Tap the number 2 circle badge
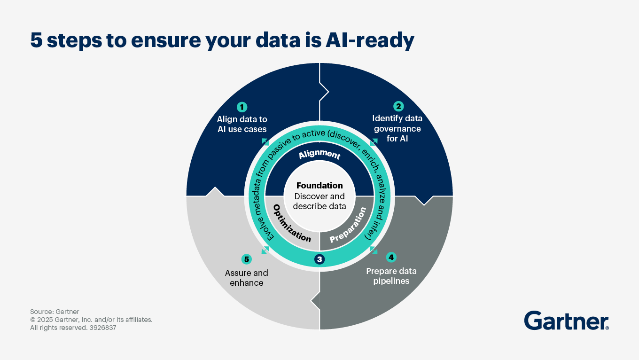click(398, 107)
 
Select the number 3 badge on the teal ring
click(319, 259)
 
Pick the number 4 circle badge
click(391, 258)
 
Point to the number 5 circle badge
click(247, 259)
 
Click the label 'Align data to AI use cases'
click(242, 124)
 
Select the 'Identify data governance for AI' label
click(397, 128)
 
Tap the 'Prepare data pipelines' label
click(391, 276)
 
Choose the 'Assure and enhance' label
click(247, 277)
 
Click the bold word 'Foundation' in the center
click(319, 186)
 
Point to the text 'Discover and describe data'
click(319, 201)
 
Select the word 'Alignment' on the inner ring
click(319, 154)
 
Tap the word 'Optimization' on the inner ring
click(292, 223)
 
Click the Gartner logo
click(566, 321)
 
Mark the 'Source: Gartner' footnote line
click(55, 312)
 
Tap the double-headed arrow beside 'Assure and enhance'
click(265, 250)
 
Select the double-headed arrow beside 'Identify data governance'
click(374, 141)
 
